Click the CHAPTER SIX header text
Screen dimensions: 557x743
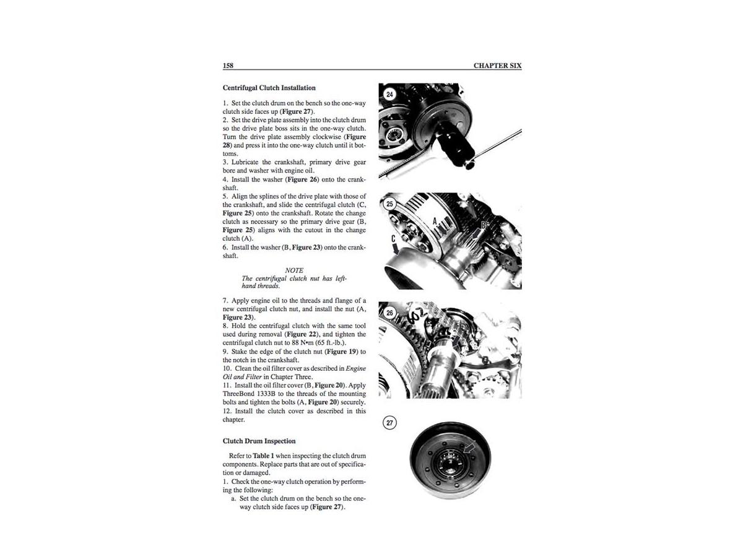coord(497,65)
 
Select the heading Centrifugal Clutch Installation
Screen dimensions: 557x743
coord(269,88)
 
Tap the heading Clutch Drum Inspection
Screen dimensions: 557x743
coord(259,441)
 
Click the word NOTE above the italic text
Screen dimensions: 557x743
coord(294,270)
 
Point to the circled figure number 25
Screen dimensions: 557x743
coord(389,203)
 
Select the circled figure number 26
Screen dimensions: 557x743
coord(389,313)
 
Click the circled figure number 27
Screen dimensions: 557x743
coord(389,423)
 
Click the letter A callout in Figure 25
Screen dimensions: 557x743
coord(435,221)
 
